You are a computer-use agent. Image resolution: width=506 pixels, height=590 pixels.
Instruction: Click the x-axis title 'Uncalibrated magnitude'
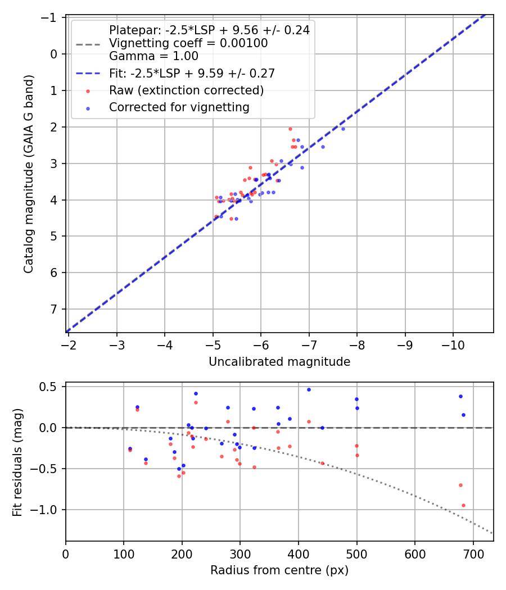click(279, 362)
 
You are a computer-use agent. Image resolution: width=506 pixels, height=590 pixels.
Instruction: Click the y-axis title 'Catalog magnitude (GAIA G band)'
click(29, 174)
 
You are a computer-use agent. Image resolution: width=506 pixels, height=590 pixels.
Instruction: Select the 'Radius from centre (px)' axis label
click(279, 570)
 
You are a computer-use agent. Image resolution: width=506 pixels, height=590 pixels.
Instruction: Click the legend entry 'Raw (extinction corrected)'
click(186, 90)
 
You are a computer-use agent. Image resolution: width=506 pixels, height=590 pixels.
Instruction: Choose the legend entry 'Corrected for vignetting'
click(179, 107)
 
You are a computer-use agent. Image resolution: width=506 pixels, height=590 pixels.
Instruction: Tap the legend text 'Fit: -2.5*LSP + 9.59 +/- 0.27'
click(192, 74)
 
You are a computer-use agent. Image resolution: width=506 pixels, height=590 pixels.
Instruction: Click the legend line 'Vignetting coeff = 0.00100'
click(188, 43)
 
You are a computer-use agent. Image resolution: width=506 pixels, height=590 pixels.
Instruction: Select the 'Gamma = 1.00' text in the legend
click(153, 56)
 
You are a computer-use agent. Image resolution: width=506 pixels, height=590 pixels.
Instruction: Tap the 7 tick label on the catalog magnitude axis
click(55, 309)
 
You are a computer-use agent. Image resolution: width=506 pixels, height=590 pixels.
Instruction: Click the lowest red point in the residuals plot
click(463, 505)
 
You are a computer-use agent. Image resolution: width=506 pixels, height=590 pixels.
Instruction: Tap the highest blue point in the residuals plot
click(308, 389)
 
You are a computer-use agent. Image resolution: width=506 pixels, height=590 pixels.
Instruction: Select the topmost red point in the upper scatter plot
click(290, 129)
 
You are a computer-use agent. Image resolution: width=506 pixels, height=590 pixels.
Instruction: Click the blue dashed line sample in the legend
click(88, 74)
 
